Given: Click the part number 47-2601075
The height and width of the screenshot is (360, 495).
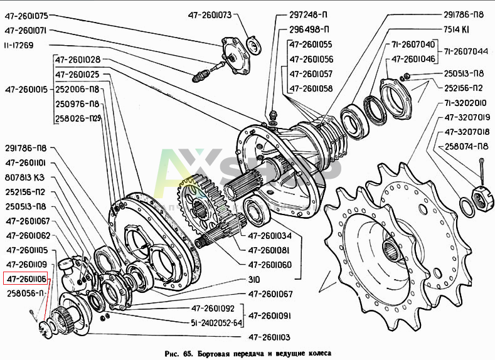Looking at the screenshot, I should pos(29,14).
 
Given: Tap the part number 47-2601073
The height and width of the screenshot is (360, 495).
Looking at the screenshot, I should pos(209,14).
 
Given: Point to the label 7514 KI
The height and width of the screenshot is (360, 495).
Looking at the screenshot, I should pos(457,29).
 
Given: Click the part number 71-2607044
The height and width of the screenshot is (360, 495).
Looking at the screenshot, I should pos(467,51).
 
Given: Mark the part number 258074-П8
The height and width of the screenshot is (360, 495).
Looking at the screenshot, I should pos(466,147).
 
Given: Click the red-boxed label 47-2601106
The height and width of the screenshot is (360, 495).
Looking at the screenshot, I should pos(29,278).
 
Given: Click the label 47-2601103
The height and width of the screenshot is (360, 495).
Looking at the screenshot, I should pos(269,337).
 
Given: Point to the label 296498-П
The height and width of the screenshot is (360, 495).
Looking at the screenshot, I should pos(309,29).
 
